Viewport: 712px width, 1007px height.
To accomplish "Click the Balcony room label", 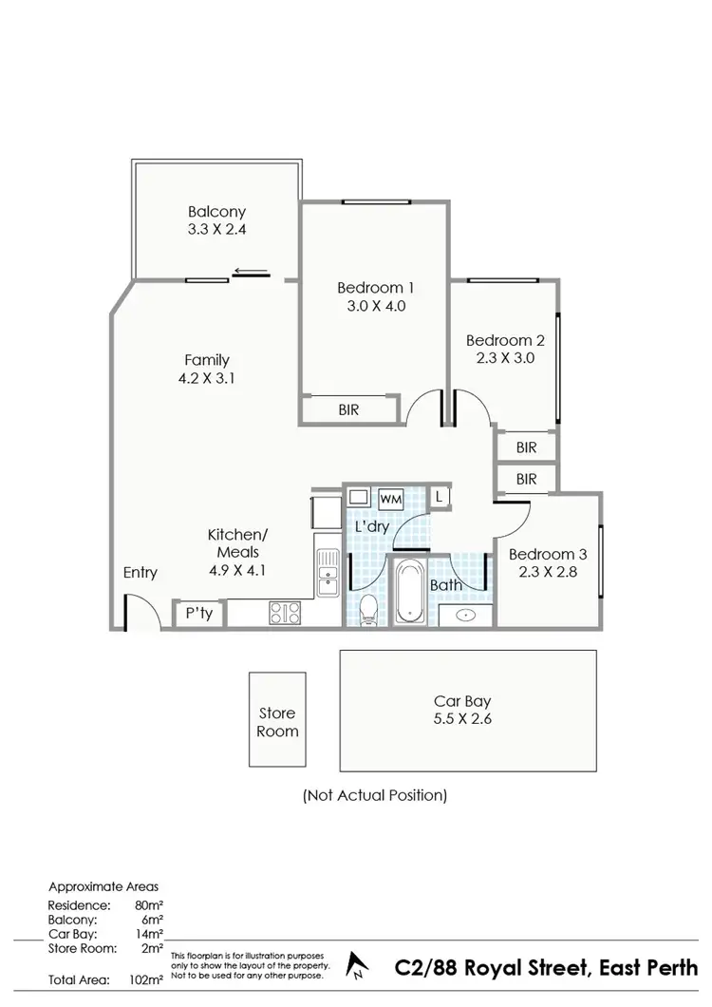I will tap(216, 212).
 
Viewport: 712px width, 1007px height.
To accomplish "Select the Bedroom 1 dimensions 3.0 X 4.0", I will tap(376, 306).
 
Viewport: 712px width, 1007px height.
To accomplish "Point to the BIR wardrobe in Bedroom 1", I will tap(348, 410).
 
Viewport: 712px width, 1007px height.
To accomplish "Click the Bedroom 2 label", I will tap(505, 340).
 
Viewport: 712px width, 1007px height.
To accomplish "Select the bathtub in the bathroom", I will tap(411, 591).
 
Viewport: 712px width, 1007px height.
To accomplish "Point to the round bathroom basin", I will tap(467, 615).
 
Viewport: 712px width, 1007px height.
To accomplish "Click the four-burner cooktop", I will tap(284, 613).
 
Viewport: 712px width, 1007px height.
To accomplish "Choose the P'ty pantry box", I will tap(198, 614).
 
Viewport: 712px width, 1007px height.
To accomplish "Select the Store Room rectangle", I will tap(277, 721).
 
